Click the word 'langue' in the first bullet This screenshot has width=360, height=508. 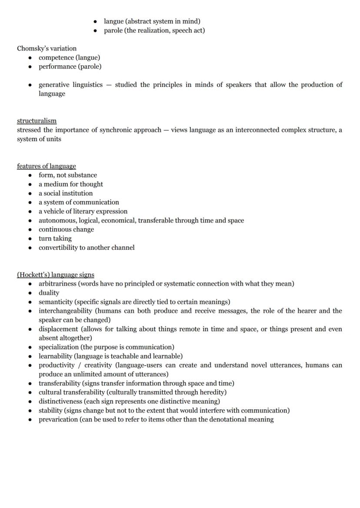[x=113, y=21]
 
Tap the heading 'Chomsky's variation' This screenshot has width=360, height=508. [x=47, y=48]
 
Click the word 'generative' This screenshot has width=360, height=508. [x=54, y=85]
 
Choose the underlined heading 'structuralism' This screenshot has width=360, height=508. [x=37, y=121]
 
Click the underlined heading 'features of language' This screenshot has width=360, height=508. [x=46, y=166]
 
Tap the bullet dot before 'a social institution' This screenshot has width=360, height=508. [x=30, y=193]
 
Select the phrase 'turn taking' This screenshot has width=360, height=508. [x=55, y=239]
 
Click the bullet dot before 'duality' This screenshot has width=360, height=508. [x=30, y=293]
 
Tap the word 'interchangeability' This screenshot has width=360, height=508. [x=65, y=311]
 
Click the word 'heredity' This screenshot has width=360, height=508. [x=212, y=392]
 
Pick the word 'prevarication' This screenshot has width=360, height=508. [x=58, y=419]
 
